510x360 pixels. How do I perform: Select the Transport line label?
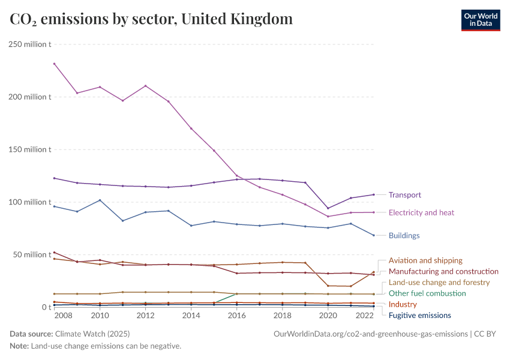[404, 195]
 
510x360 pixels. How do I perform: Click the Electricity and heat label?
[421, 212]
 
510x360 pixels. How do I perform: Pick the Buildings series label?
[404, 236]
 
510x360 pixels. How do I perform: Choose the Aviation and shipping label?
[425, 260]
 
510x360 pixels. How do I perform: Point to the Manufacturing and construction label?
[443, 271]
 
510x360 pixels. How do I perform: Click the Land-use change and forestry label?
[439, 282]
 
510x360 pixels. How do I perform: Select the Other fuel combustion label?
[427, 293]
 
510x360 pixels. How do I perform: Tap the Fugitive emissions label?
[420, 315]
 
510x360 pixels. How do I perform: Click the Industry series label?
[403, 304]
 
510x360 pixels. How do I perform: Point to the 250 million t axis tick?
[29, 44]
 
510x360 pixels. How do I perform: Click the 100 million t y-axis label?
[29, 202]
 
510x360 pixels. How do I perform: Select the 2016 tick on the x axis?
[237, 316]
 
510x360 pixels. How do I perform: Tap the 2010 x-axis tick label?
[100, 316]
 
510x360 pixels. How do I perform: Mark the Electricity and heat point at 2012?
[145, 86]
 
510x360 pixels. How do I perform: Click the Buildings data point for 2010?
[100, 200]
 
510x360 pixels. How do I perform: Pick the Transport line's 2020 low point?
[328, 208]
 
